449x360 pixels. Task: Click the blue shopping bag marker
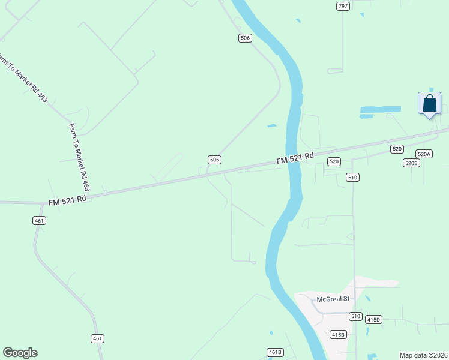pos(429,103)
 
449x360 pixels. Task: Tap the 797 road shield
pos(343,6)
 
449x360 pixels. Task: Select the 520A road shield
pos(424,154)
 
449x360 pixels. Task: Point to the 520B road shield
pos(411,163)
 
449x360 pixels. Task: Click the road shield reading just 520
pos(397,148)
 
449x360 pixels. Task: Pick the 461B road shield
pos(275,352)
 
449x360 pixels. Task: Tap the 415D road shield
pos(373,320)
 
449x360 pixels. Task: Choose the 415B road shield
pos(338,334)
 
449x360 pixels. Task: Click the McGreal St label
pos(333,299)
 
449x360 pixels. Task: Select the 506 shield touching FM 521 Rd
pos(215,160)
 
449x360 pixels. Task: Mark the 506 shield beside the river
pos(244,38)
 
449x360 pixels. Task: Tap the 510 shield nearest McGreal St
pos(355,316)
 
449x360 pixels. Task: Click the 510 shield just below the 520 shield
pos(352,177)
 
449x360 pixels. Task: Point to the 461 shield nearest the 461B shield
pos(98,338)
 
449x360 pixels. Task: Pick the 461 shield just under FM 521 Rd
pos(40,220)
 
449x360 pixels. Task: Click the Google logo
pos(20,353)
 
